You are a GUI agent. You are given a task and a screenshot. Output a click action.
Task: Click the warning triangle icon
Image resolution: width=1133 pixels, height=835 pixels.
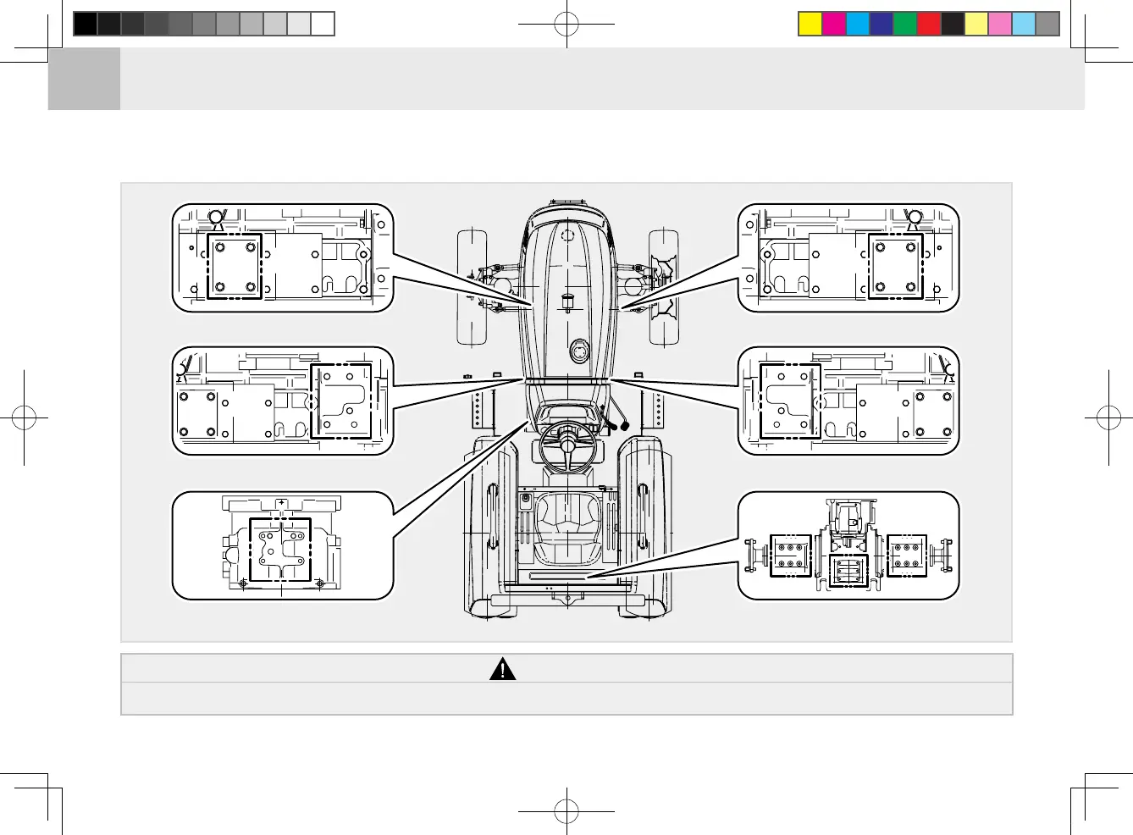[x=502, y=669]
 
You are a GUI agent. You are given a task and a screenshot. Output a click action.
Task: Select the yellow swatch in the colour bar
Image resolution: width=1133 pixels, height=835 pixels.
[x=810, y=24]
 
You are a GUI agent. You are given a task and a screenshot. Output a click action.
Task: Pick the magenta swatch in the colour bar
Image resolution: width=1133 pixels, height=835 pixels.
[x=834, y=24]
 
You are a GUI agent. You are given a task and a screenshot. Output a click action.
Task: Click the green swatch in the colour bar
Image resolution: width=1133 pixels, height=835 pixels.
[x=905, y=24]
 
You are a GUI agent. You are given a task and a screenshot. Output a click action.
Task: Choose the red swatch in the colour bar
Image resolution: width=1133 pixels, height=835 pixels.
[x=929, y=24]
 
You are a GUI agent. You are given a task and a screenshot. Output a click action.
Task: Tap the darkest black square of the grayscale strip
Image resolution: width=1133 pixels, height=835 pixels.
[x=86, y=24]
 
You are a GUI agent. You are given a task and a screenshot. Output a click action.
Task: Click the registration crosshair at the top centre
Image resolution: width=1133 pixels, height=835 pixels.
[x=566, y=25]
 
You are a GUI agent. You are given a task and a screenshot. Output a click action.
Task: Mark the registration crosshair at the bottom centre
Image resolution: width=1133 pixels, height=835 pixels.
[x=566, y=811]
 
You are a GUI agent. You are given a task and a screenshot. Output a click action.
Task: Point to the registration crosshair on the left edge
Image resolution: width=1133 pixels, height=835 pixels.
[x=25, y=417]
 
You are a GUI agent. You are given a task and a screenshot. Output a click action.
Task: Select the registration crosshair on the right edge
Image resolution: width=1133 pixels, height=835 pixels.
[x=1108, y=417]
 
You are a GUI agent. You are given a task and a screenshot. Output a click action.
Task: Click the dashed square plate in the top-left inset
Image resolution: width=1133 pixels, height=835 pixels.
[x=235, y=266]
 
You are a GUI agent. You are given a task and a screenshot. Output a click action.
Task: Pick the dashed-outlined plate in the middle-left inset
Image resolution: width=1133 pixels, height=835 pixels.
[x=341, y=401]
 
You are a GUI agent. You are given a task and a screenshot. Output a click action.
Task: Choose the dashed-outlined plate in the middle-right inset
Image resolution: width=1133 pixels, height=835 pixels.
[x=790, y=401]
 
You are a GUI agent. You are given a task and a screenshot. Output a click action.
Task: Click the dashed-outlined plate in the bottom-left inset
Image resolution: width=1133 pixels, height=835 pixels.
[x=280, y=549]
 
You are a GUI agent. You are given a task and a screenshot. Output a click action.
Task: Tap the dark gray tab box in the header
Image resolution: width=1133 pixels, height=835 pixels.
[x=84, y=79]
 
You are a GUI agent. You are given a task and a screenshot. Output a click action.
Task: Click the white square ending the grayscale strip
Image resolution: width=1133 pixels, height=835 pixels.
[x=323, y=24]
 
